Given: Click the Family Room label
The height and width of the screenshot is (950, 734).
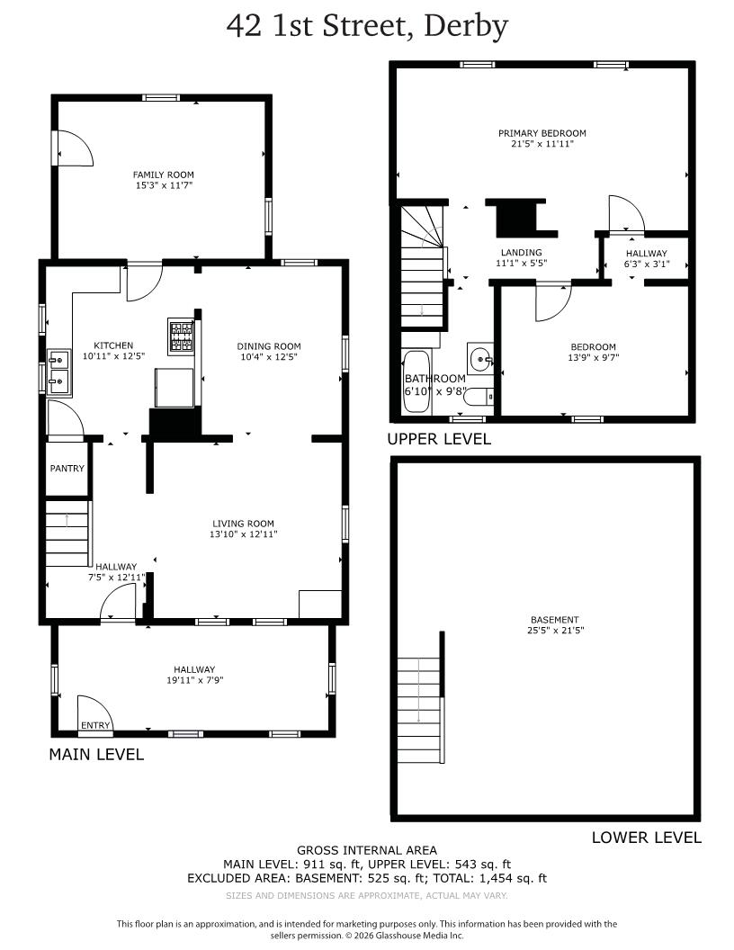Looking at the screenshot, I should click(x=163, y=175).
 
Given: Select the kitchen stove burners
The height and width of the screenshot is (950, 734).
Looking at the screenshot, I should click(x=181, y=336).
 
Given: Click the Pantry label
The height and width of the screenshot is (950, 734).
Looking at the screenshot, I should click(x=67, y=468).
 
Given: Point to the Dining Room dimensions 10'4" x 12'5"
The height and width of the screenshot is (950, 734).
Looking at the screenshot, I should click(x=269, y=357).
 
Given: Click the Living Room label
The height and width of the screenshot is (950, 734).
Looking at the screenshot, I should click(x=243, y=523).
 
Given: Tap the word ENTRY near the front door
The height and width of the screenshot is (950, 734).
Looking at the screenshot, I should click(x=95, y=725).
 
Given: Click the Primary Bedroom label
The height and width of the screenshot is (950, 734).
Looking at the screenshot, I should click(x=542, y=133).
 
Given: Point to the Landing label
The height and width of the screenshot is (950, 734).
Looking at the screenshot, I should click(x=521, y=253).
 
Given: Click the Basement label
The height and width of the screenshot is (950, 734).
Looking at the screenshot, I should click(x=554, y=619).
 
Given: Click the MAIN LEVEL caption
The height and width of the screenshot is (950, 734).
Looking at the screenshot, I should click(x=95, y=754).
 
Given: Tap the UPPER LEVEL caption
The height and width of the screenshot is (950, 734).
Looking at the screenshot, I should click(x=439, y=439).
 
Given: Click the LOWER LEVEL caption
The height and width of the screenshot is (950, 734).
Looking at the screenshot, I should click(x=646, y=837).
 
